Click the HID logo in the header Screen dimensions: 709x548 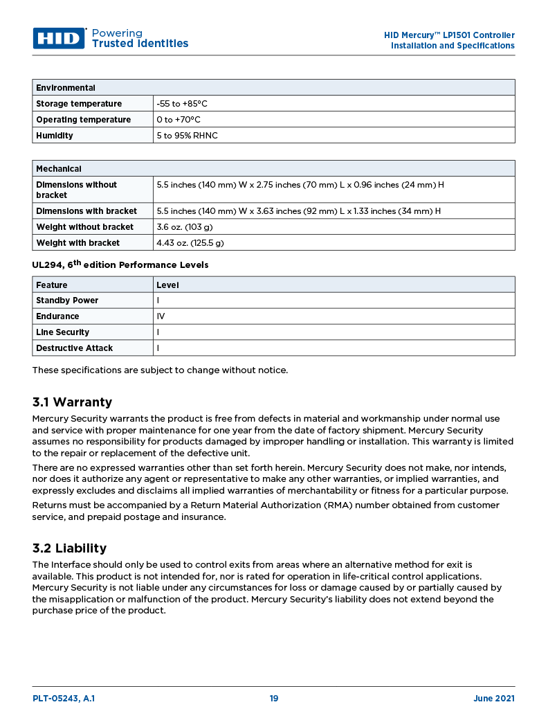(x=59, y=38)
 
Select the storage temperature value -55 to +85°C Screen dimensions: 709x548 (x=182, y=104)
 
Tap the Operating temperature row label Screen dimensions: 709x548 (x=83, y=120)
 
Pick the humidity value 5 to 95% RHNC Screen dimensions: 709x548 (x=187, y=136)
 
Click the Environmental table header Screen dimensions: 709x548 (x=66, y=88)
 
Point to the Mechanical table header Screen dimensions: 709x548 (x=59, y=169)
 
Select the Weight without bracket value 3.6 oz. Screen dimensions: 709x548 (x=184, y=227)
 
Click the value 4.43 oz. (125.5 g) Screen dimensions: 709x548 (x=190, y=243)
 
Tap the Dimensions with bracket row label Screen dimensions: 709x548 (x=86, y=211)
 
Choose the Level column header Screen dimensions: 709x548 (x=167, y=285)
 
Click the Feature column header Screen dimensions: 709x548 (x=52, y=285)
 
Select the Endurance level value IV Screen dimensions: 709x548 (x=161, y=316)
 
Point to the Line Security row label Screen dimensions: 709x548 (x=62, y=332)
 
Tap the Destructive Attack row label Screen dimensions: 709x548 (x=74, y=348)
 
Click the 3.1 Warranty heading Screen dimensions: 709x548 (x=72, y=402)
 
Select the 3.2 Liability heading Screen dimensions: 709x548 (x=69, y=548)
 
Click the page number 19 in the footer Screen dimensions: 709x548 (x=274, y=699)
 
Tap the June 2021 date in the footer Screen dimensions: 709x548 (x=493, y=699)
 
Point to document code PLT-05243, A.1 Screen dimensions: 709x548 (x=64, y=699)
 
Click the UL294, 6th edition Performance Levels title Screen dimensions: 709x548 (x=120, y=264)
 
